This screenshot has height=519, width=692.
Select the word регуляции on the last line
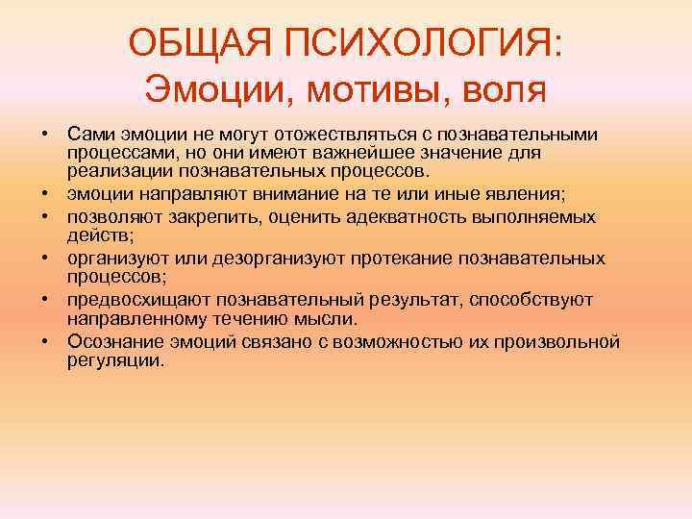pyautogui.click(x=116, y=361)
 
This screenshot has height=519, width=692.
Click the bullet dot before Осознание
pyautogui.click(x=46, y=342)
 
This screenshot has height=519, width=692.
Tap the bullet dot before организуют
pyautogui.click(x=46, y=259)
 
